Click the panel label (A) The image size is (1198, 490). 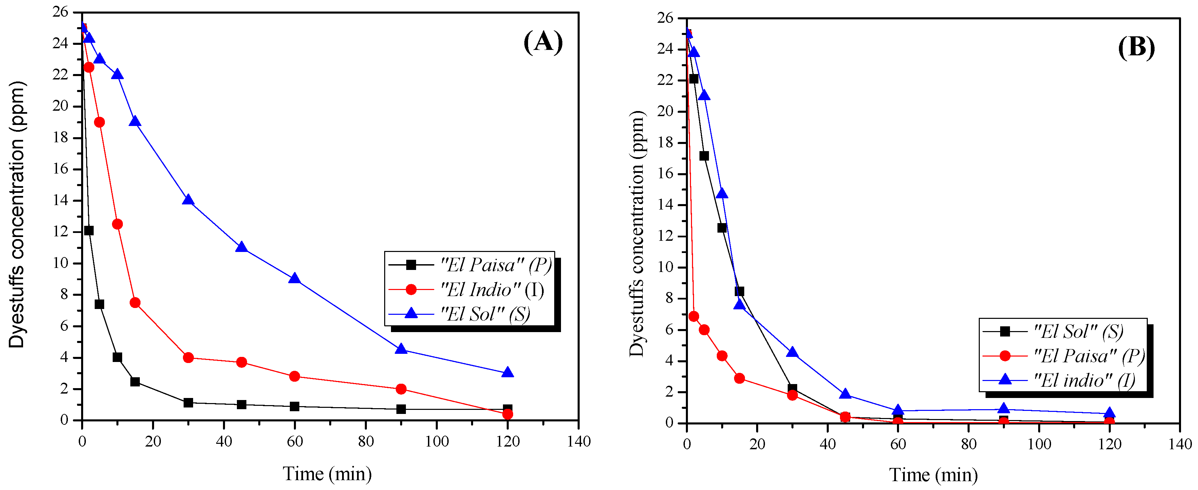click(x=543, y=42)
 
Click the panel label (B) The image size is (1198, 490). click(x=1136, y=48)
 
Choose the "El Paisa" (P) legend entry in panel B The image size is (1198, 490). click(x=1089, y=356)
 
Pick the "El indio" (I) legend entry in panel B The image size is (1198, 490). click(x=1084, y=381)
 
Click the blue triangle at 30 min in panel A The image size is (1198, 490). click(x=188, y=200)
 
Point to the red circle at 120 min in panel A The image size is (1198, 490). click(x=507, y=414)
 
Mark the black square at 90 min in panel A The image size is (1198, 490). click(x=401, y=409)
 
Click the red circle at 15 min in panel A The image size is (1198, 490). click(x=135, y=303)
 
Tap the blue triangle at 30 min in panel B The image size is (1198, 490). click(x=792, y=352)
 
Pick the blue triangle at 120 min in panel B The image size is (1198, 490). click(x=1109, y=413)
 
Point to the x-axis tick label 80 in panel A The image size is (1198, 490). click(x=366, y=441)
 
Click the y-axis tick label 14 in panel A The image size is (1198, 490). click(x=60, y=200)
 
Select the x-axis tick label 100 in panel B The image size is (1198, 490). click(x=1038, y=444)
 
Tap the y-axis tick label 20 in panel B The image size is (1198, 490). click(x=665, y=111)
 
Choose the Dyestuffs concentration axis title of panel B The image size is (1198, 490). click(x=637, y=234)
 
